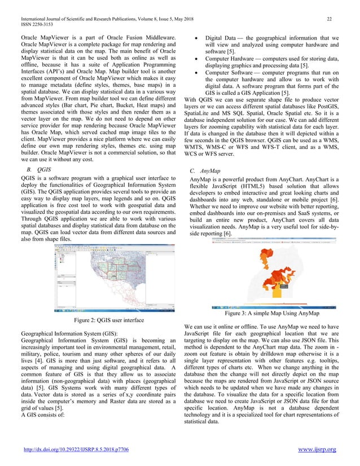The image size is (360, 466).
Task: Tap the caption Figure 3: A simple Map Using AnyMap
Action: (264, 313)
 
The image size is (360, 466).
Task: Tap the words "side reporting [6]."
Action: (212, 234)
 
